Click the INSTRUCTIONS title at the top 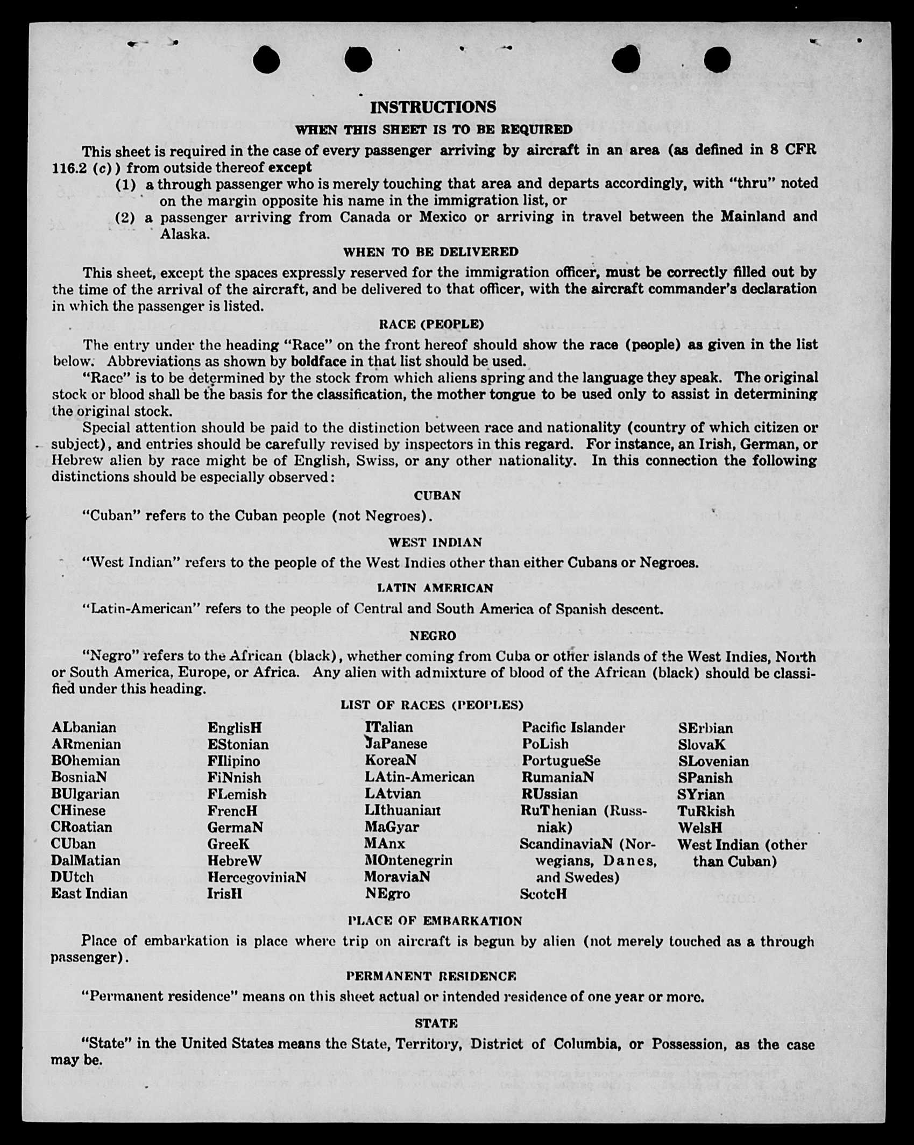[433, 107]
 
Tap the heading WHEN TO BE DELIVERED [430, 252]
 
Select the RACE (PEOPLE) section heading [431, 324]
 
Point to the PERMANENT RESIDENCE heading [430, 976]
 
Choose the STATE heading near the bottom [436, 1023]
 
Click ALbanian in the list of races [84, 727]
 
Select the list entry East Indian [89, 894]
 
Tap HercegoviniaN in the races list [257, 877]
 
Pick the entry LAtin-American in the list [420, 777]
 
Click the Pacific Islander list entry [573, 727]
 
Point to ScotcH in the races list [543, 894]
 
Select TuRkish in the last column [705, 811]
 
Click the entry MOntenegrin [408, 860]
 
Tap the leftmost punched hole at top [266, 59]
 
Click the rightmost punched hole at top [717, 59]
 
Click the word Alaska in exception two [183, 235]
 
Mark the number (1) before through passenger [126, 185]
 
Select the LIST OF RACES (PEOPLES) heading [431, 705]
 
